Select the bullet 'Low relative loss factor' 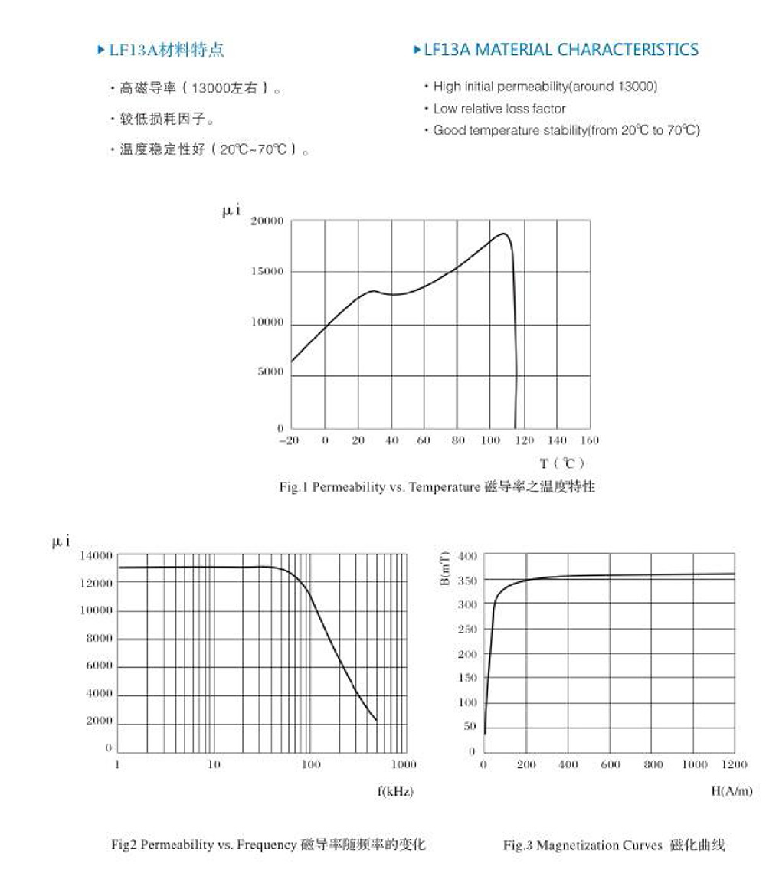coord(499,109)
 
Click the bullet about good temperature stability coord(566,130)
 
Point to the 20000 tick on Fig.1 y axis coord(268,221)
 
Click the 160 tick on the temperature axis coord(590,440)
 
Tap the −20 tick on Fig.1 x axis coord(289,440)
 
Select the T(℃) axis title coord(563,463)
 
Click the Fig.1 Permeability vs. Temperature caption coord(437,487)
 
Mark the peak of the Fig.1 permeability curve coord(504,234)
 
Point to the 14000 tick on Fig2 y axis coord(97,555)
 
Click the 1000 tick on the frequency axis coord(404,764)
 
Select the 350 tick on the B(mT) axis coord(467,581)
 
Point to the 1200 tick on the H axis coord(734,764)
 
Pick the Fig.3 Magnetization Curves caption coord(614,846)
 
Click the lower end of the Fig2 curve coord(376,720)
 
